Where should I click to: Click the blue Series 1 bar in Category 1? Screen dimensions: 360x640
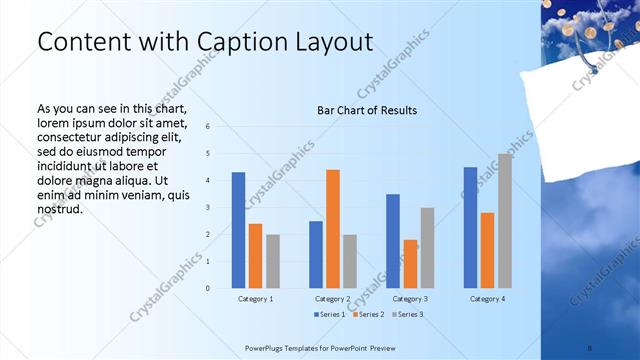pos(238,230)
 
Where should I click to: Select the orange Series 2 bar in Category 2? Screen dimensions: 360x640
pos(333,229)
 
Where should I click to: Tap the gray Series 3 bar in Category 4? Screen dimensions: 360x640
pos(505,221)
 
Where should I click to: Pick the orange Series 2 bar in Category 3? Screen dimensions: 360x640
pos(410,264)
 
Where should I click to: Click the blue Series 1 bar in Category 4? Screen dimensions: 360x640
pos(470,227)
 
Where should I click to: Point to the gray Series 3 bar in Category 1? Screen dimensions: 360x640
pos(273,261)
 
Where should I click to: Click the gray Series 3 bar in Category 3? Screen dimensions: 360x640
pos(427,248)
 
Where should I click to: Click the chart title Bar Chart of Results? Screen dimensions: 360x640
pos(367,110)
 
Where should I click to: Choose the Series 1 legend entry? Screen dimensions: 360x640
pos(332,315)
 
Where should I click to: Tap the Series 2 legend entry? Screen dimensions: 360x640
pos(367,315)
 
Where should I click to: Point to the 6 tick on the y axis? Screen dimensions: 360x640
pos(207,126)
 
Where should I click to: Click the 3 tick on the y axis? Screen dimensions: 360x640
pos(207,207)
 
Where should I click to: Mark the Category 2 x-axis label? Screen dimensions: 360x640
pos(333,299)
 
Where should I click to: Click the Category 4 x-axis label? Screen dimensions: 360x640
pos(488,299)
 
